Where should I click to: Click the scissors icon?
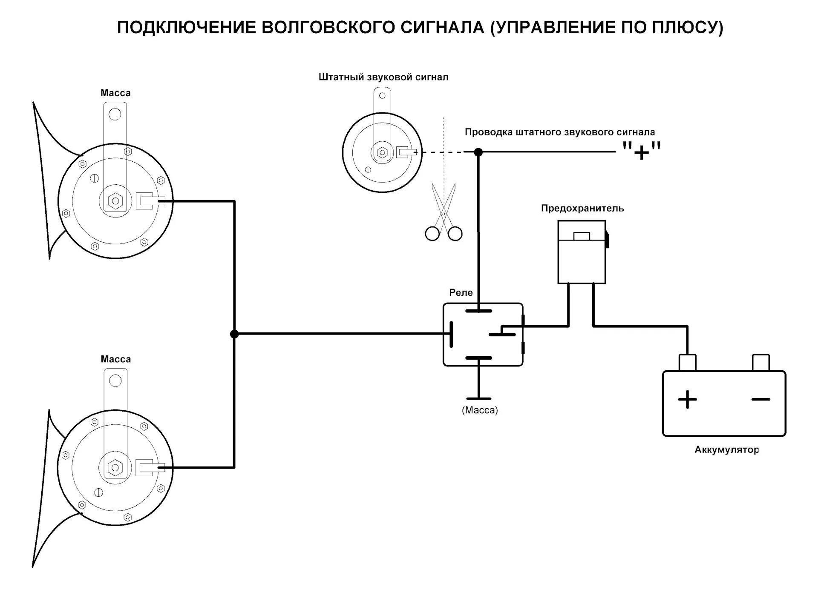[444, 213]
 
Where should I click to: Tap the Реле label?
[461, 292]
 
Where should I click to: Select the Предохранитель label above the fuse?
[582, 208]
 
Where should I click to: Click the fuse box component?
[582, 252]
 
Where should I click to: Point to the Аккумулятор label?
[727, 449]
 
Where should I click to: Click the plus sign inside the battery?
[687, 399]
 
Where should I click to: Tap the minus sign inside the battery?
[760, 399]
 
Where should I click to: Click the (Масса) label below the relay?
[480, 410]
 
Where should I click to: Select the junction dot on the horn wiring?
[234, 334]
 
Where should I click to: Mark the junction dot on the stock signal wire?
[478, 152]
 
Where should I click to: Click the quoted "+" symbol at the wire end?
[641, 151]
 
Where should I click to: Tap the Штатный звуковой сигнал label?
[383, 77]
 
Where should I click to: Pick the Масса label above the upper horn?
[115, 93]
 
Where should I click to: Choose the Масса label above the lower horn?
[115, 359]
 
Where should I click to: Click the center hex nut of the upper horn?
[115, 201]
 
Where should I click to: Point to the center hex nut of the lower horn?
[115, 467]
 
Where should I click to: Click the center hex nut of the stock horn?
[382, 152]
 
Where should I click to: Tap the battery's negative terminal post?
[760, 362]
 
